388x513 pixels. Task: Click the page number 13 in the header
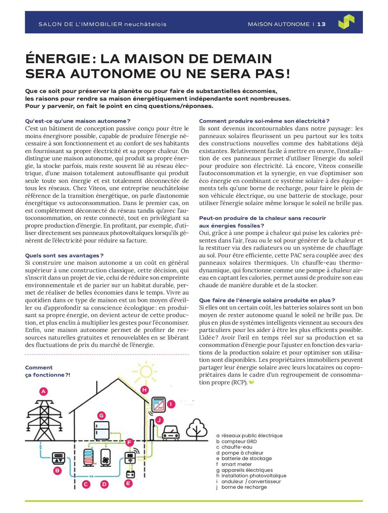tap(321, 24)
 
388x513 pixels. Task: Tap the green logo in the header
tap(346, 22)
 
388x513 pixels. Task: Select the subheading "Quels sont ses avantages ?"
tap(64, 256)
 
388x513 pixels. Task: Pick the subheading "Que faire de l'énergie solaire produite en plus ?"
tap(267, 300)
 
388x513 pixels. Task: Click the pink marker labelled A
tap(44, 391)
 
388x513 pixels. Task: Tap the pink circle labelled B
tap(58, 471)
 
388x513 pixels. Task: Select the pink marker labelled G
tap(101, 415)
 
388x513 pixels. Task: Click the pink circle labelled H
tap(144, 390)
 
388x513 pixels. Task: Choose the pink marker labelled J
tap(159, 421)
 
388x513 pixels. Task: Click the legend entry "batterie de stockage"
tap(246, 458)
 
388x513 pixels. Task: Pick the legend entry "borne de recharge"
tap(244, 487)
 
